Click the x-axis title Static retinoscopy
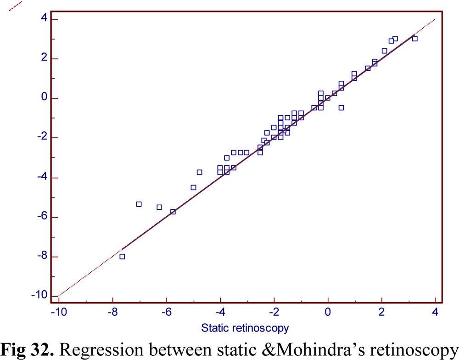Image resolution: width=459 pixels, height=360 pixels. [x=245, y=328]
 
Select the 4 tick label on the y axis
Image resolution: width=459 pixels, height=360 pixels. [x=44, y=19]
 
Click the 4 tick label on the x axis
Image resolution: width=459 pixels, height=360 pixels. [x=435, y=313]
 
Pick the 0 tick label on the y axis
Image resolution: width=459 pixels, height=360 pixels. [x=44, y=98]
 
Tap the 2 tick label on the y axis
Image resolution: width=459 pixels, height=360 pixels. [x=44, y=59]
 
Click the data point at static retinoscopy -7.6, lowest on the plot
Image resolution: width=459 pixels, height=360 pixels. [x=122, y=256]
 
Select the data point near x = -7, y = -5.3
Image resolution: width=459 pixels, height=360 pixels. [x=139, y=204]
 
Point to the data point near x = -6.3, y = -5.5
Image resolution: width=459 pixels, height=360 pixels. [x=159, y=207]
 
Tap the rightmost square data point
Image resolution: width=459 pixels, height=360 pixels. [x=415, y=39]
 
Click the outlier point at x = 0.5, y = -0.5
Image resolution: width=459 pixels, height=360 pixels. [x=341, y=107]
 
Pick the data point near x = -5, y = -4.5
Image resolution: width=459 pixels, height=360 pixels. [x=193, y=187]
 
